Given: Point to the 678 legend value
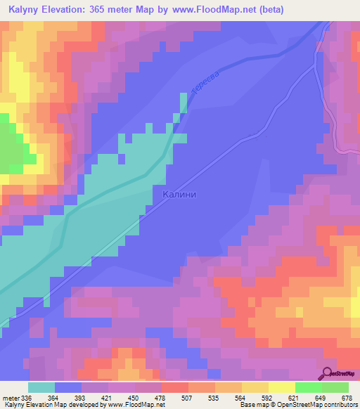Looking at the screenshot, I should tap(347, 397).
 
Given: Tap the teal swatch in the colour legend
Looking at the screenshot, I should tap(41, 387).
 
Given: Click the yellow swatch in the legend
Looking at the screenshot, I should tap(282, 387).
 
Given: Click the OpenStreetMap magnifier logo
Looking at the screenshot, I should tap(328, 373).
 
